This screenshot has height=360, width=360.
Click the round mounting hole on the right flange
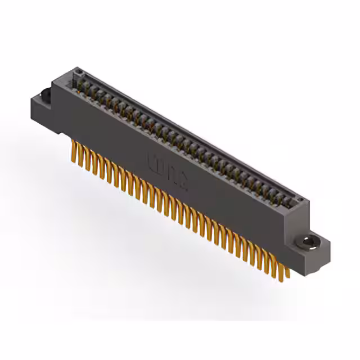[x=308, y=242]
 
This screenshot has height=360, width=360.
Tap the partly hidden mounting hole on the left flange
[x=46, y=94]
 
